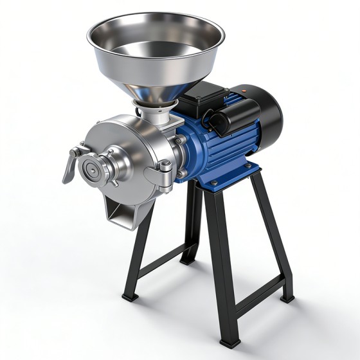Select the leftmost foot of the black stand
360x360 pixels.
tap(129, 297)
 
